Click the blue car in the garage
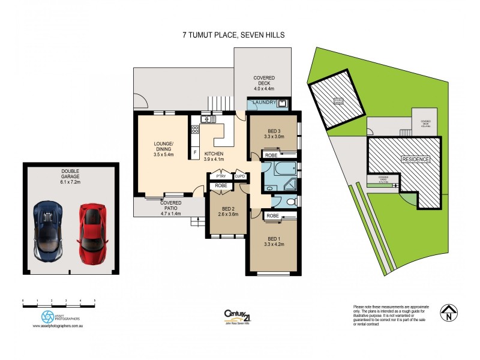tap(47, 230)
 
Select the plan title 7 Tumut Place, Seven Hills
tap(233, 35)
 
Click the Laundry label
tap(264, 103)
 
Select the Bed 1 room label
tap(273, 238)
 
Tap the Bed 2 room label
tap(226, 209)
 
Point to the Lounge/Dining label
tap(163, 147)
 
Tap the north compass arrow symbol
tap(447, 312)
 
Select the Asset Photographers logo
tap(48, 316)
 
